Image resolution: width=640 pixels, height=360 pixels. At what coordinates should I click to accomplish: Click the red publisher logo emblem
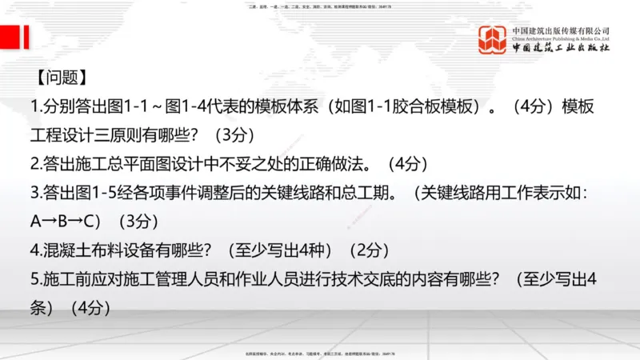(494, 40)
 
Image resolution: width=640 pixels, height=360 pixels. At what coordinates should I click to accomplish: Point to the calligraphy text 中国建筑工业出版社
(561, 49)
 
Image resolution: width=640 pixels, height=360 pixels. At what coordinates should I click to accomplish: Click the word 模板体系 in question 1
(284, 106)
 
